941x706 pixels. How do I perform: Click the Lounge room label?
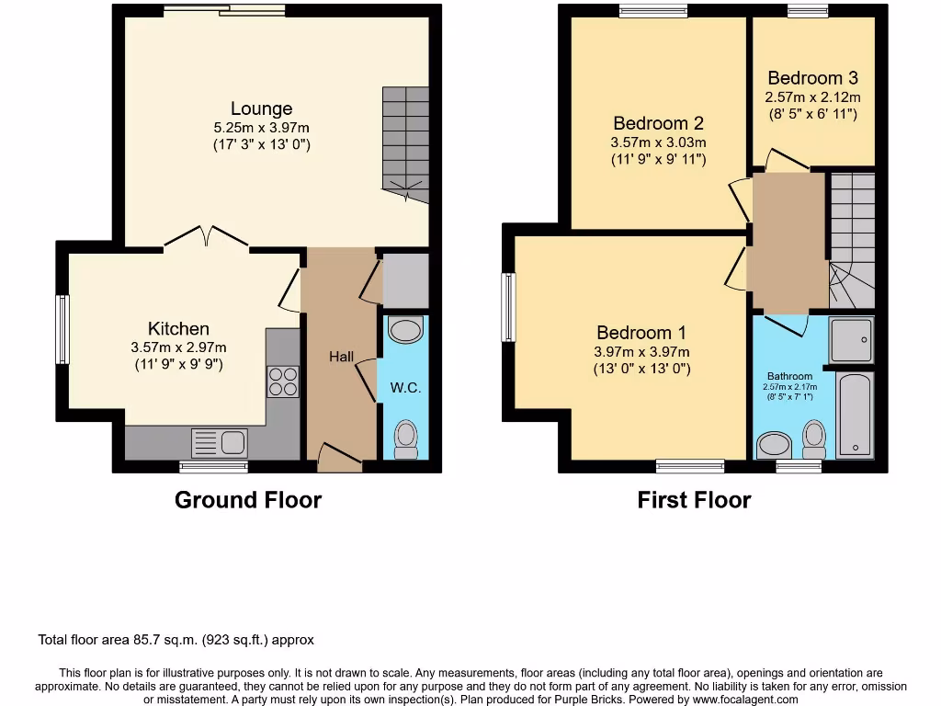point(261,109)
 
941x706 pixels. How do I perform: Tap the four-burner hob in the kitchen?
point(283,381)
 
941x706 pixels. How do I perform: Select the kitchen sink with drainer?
point(219,443)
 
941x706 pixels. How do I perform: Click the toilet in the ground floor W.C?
point(405,438)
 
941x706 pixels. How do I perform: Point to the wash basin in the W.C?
point(405,329)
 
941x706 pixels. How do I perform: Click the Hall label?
point(341,357)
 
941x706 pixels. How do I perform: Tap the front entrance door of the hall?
point(339,455)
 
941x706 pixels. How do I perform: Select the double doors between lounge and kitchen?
point(207,239)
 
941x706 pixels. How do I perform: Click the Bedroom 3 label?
point(812,78)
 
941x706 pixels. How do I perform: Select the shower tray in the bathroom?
point(851,340)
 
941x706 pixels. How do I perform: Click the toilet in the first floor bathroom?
point(814,438)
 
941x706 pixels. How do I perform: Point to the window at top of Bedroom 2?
point(653,11)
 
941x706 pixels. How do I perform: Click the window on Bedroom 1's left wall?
point(508,307)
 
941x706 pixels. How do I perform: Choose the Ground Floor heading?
point(248,500)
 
